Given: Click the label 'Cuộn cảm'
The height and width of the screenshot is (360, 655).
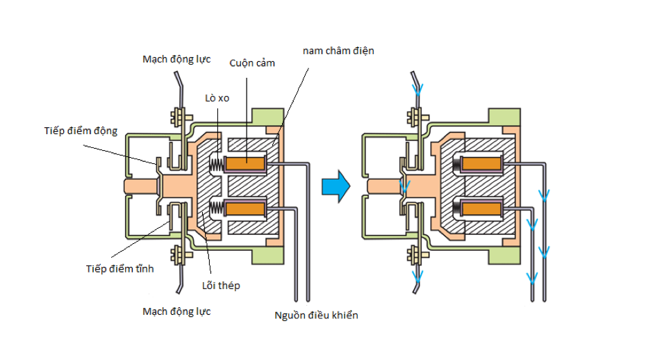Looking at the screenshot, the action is pos(252,63).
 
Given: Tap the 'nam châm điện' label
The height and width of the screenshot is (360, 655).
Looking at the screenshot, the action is pos(338,51).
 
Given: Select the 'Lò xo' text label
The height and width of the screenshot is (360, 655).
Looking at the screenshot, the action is pos(217,98).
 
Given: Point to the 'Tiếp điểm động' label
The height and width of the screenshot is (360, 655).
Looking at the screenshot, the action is pos(81,131).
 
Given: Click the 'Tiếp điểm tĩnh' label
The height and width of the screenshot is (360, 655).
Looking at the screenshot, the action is pos(120,268).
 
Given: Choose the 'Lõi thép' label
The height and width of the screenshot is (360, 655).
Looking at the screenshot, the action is pos(221,285).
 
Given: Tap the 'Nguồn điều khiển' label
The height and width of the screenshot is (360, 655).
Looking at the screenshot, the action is pos(316,315).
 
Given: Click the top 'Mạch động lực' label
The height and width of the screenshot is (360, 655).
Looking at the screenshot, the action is pos(176,59).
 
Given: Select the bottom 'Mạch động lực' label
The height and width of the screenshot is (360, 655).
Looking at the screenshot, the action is pos(176,311).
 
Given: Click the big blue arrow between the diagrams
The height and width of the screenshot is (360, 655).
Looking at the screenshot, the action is pos(336,186).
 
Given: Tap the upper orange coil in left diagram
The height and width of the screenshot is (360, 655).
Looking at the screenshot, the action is pos(245,164).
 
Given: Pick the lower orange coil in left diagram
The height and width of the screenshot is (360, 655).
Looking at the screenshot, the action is pos(245,208).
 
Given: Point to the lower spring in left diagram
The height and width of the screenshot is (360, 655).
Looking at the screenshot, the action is pos(217,208).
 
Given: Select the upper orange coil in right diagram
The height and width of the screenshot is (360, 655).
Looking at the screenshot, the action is pos(481,163).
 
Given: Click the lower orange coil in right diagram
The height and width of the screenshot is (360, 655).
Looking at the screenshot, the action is pos(481,208).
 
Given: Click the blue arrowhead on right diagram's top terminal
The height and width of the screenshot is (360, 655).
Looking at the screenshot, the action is pos(417,90).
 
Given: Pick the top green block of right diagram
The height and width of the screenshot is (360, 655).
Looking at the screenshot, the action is pos(504,117).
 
